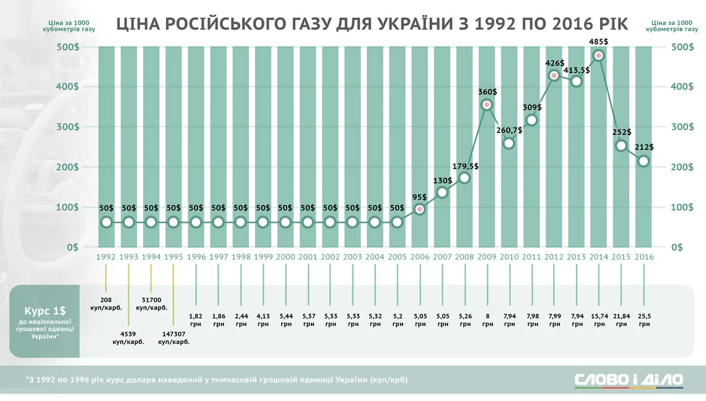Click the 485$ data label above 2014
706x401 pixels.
point(598,41)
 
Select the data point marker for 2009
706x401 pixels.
point(487,105)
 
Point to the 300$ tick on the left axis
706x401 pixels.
point(67,127)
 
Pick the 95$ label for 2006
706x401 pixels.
point(419,197)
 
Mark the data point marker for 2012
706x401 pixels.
point(554,75)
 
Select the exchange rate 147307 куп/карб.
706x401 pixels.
point(173,337)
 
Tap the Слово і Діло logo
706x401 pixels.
point(629,379)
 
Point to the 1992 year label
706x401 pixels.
point(107,256)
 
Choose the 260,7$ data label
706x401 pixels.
point(509,131)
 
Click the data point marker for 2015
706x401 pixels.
point(621,145)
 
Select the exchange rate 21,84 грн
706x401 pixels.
point(621,319)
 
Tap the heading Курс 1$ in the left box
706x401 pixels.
point(45,309)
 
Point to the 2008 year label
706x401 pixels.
point(464,256)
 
